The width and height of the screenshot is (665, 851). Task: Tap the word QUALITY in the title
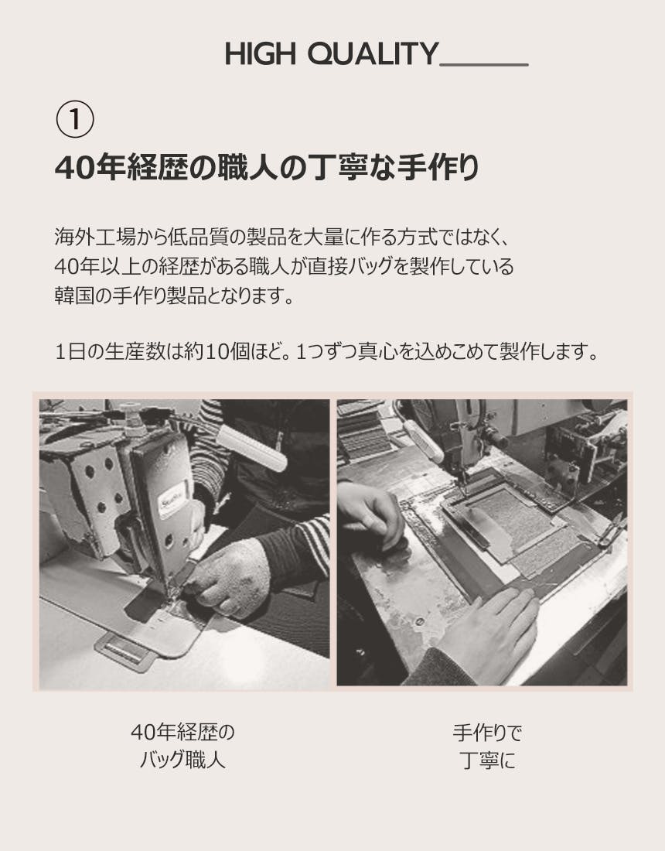[x=373, y=53]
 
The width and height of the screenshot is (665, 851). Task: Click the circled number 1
[x=75, y=120]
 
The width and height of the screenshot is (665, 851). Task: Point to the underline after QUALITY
[x=484, y=65]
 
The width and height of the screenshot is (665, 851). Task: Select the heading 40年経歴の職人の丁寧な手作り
[x=267, y=168]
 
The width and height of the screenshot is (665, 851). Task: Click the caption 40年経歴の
[x=182, y=732]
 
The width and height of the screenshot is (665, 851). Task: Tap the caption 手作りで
[x=487, y=733]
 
